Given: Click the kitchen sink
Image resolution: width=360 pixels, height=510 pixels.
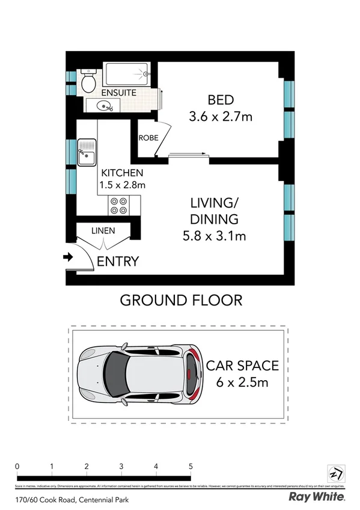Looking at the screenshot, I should tap(86, 152).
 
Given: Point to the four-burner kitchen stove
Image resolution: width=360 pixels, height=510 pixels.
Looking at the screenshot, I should tap(118, 206).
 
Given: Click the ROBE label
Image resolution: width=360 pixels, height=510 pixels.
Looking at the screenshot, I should tap(148, 138).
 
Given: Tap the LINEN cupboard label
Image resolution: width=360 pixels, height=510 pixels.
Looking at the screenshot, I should tap(103, 230).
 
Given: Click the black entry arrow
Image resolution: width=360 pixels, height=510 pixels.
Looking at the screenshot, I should tap(68, 257).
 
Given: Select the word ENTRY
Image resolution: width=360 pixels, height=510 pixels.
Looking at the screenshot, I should tap(118, 262).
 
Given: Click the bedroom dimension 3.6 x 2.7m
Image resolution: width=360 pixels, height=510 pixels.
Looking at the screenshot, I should tap(221, 117).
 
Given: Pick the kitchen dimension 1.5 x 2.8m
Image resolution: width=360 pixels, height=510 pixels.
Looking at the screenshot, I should tap(123, 185).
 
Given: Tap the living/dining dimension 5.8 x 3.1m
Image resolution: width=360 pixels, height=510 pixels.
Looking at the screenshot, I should tap(215, 236).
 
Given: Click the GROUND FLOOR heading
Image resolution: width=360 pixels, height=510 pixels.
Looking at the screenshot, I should tap(182, 300).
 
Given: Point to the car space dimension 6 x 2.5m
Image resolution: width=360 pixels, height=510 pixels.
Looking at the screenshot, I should tap(242, 382).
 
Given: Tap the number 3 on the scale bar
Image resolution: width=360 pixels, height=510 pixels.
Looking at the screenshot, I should tap(121, 466).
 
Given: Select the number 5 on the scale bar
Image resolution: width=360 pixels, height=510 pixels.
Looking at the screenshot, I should tap(191, 466).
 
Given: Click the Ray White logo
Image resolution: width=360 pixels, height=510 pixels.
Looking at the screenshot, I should tap(317, 497).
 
